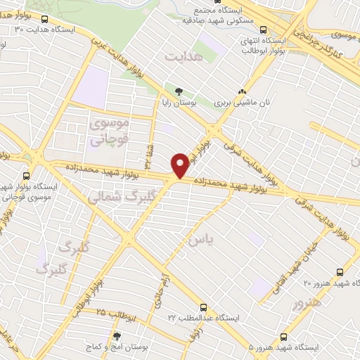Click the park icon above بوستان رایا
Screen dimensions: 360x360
pyautogui.click(x=178, y=91)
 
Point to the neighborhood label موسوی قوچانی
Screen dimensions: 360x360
pyautogui.click(x=110, y=131)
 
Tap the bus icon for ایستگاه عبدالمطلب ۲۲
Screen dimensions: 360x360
pyautogui.click(x=203, y=307)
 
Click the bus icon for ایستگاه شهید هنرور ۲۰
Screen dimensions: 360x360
pyautogui.click(x=340, y=272)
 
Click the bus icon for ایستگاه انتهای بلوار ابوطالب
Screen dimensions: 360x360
pyautogui.click(x=263, y=30)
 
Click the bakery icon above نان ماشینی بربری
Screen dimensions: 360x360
pyautogui.click(x=243, y=91)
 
